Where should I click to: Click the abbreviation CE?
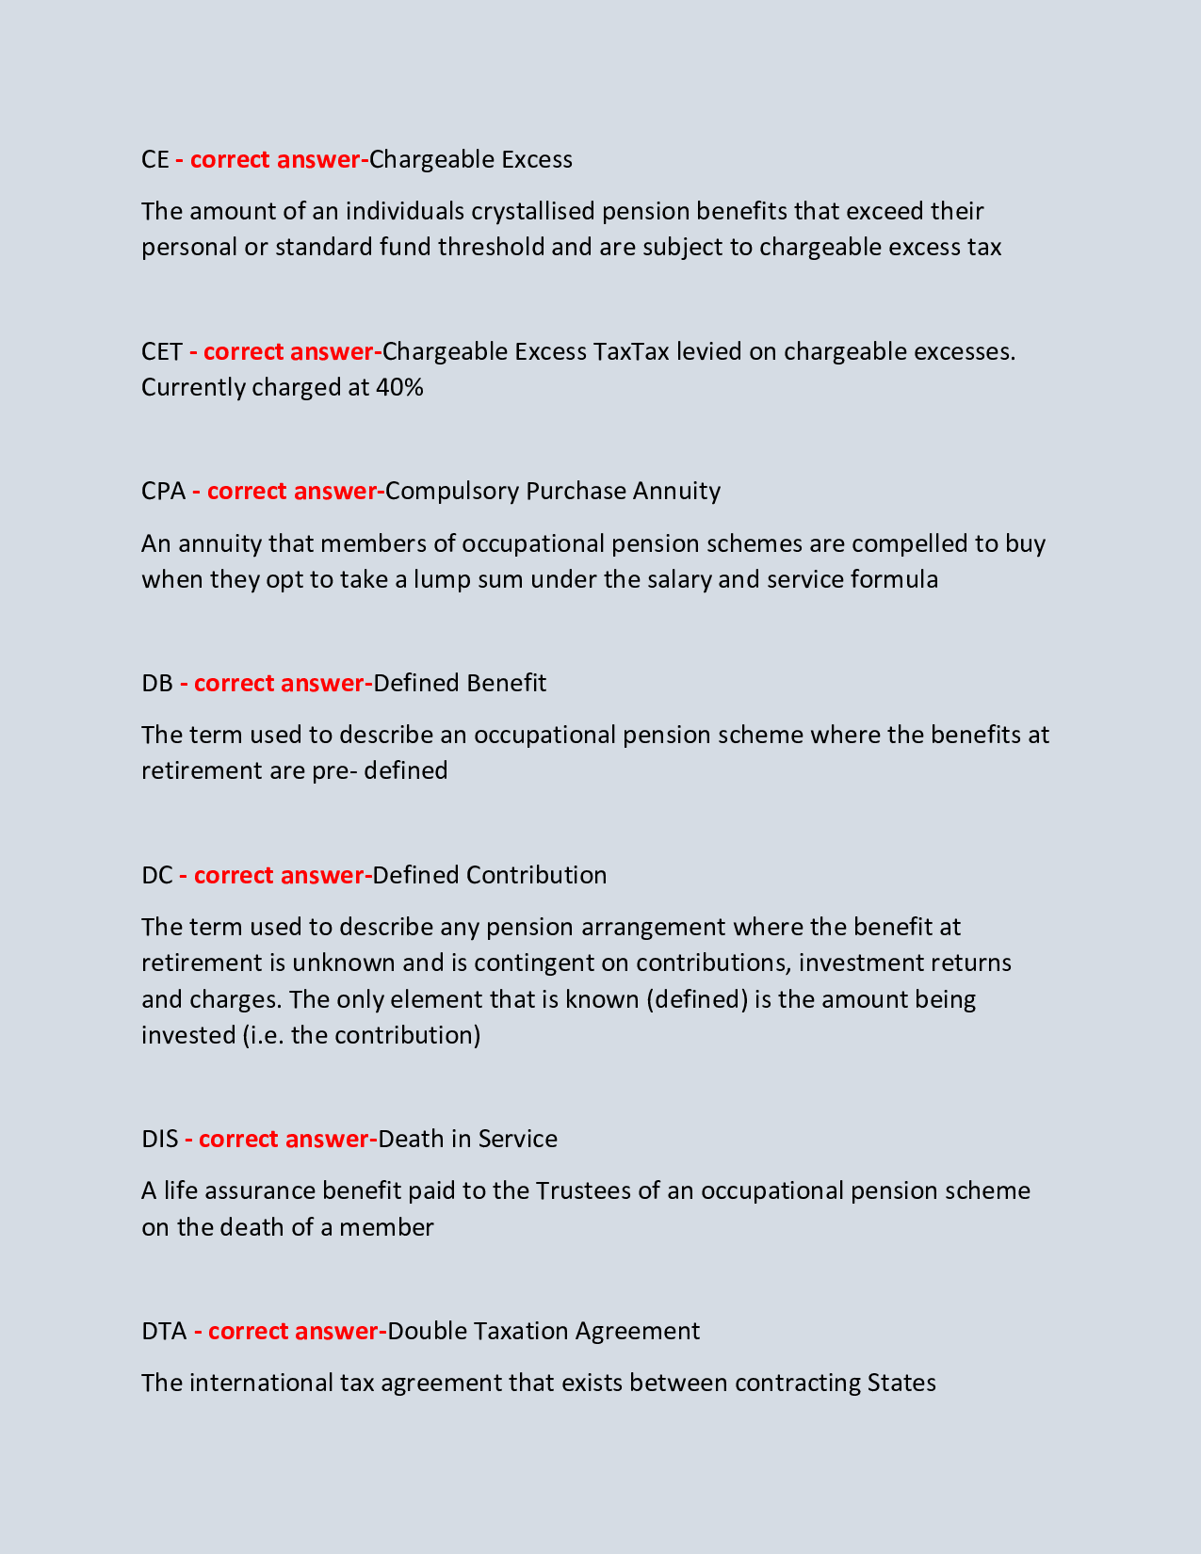(x=154, y=159)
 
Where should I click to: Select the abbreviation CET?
(x=162, y=351)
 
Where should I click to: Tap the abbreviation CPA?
(x=164, y=491)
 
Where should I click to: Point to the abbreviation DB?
(x=157, y=683)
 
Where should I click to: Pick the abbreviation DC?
(x=157, y=875)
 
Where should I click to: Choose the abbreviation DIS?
(x=160, y=1139)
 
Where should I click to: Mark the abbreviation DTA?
(x=164, y=1331)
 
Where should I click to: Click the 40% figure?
(x=399, y=387)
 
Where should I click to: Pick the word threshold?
(x=491, y=247)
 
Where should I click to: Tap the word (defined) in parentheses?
(x=697, y=998)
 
